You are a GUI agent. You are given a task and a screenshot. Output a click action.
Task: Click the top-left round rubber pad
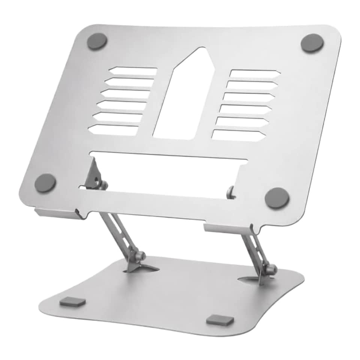(97, 41)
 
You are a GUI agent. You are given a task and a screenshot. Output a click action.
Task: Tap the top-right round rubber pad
(312, 43)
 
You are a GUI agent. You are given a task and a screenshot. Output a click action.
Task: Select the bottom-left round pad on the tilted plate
(45, 183)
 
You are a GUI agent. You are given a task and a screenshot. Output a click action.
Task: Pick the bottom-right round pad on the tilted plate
(277, 198)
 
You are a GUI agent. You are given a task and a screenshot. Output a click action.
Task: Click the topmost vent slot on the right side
(254, 74)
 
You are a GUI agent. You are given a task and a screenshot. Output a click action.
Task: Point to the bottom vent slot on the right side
(238, 135)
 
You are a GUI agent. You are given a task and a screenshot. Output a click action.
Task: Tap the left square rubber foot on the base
(72, 301)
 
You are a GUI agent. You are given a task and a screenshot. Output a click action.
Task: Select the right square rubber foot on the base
(220, 320)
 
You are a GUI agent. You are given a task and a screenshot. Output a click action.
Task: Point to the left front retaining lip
(58, 213)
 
